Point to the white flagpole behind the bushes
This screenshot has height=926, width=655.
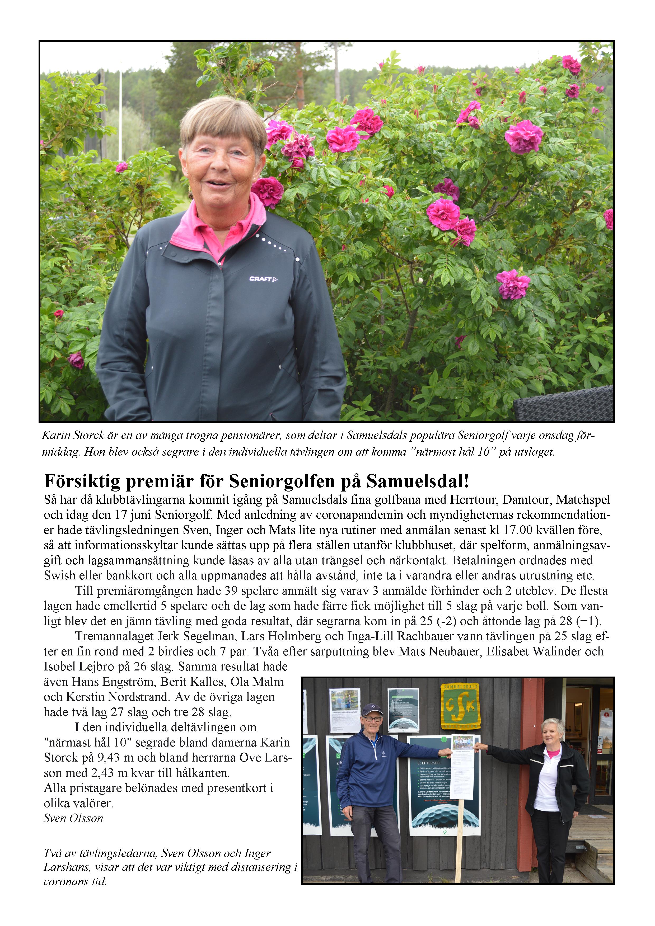[x=120, y=113]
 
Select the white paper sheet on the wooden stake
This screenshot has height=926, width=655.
[x=462, y=773]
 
